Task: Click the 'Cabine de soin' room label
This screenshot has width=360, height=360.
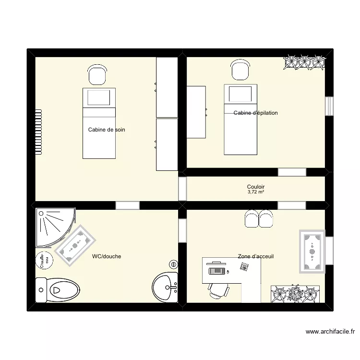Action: (x=107, y=130)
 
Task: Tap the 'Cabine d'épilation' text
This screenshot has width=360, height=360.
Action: (x=255, y=113)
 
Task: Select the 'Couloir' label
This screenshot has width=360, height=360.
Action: (x=256, y=187)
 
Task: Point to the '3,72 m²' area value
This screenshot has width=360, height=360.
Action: (x=256, y=192)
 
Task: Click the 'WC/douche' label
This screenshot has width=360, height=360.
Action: (x=107, y=256)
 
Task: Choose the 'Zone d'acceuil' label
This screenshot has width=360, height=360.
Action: (x=255, y=256)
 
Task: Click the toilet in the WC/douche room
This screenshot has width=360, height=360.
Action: (x=58, y=290)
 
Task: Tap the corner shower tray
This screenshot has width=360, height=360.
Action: (x=54, y=226)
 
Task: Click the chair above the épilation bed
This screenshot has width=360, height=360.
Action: (x=240, y=70)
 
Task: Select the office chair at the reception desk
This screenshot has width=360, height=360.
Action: (x=218, y=290)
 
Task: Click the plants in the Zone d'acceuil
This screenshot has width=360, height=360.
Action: (x=295, y=293)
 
